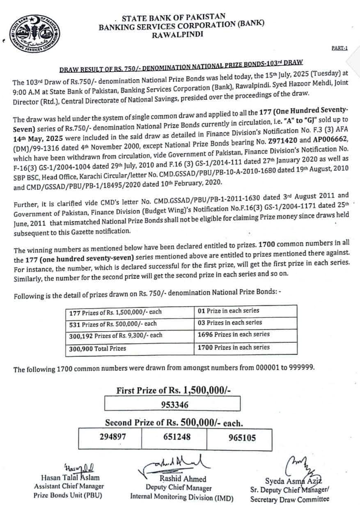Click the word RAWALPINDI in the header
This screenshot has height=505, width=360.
click(177, 35)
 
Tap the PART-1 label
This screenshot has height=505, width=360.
click(339, 48)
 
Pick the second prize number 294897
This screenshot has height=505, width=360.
click(113, 437)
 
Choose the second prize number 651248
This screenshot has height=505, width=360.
click(177, 437)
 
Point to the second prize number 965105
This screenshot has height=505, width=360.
click(242, 438)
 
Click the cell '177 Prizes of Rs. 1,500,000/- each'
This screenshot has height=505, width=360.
click(115, 312)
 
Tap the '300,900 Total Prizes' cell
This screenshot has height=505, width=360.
click(98, 348)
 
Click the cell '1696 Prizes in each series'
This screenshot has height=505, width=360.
click(234, 335)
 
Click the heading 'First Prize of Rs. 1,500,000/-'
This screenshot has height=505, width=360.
click(173, 390)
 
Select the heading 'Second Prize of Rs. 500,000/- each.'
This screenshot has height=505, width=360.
click(174, 422)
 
